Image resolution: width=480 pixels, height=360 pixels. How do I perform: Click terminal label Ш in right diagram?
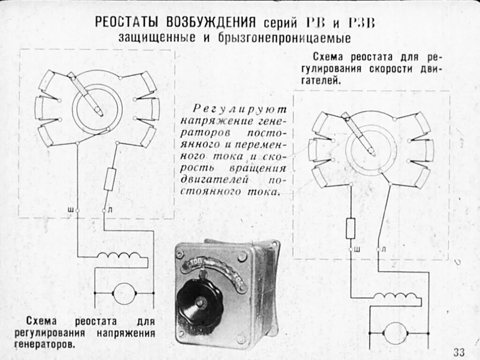tap(357, 249)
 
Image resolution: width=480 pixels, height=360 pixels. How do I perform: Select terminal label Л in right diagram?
tap(384, 249)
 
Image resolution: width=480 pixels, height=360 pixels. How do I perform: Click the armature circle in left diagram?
tap(124, 293)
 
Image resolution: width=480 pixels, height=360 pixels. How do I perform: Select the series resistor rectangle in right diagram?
tap(350, 228)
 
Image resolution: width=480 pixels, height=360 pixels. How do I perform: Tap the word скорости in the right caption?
tap(391, 69)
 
